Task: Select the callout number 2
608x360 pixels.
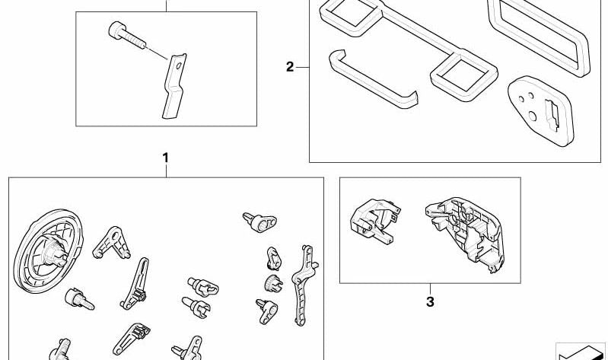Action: coord(290,67)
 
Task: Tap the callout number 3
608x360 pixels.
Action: coord(430,301)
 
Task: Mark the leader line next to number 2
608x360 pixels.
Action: coord(302,68)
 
